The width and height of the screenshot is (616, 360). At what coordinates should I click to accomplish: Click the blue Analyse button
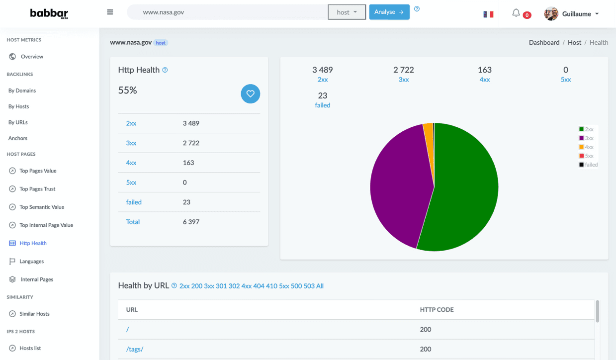tap(389, 12)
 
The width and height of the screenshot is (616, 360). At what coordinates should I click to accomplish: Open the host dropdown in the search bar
tap(347, 12)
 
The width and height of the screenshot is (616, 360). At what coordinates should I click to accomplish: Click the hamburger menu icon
tap(110, 12)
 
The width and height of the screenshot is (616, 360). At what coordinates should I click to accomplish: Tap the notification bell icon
tap(516, 13)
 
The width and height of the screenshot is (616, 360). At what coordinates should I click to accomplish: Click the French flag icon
tap(488, 14)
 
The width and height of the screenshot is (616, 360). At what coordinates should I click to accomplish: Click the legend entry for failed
tap(588, 165)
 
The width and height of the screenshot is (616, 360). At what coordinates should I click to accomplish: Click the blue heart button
tap(251, 93)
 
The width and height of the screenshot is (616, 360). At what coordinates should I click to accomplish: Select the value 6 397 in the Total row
tap(191, 222)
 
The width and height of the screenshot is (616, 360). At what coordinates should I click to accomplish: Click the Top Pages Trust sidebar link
tap(37, 189)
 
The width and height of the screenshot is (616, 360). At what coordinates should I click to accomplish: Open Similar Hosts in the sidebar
tap(34, 314)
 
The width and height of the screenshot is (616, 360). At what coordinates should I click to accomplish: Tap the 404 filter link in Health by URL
tap(259, 286)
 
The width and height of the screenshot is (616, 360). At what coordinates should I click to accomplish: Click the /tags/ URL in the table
tap(135, 349)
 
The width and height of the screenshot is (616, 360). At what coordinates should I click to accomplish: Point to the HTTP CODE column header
tap(437, 309)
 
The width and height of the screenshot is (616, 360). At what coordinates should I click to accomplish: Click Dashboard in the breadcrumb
tap(544, 43)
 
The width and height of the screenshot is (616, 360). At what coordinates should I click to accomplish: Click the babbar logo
tap(49, 13)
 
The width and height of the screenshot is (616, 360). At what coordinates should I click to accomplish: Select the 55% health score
tap(127, 90)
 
